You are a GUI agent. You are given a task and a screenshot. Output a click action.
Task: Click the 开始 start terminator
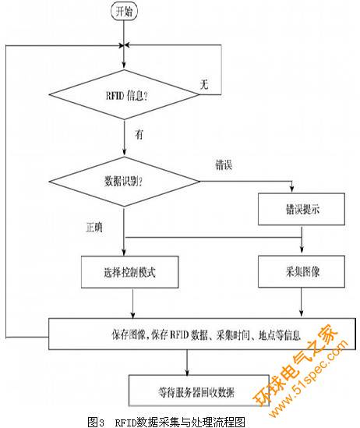(x=124, y=12)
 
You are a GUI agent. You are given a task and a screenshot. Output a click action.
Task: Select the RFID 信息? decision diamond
(x=125, y=94)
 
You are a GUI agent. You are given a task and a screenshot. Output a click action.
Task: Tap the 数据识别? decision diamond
(x=125, y=181)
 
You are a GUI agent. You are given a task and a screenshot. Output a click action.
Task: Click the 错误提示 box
(x=302, y=209)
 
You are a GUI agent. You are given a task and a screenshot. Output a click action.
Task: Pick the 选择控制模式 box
(x=130, y=272)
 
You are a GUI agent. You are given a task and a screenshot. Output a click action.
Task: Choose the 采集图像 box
(x=302, y=271)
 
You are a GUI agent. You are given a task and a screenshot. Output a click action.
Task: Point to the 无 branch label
(x=204, y=84)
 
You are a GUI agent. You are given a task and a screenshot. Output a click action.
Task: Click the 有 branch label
(x=139, y=134)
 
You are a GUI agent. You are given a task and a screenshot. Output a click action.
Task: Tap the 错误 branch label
(x=224, y=164)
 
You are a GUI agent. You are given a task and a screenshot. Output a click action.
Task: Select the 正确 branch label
(x=94, y=227)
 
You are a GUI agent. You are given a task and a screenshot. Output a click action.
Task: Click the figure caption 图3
(x=96, y=422)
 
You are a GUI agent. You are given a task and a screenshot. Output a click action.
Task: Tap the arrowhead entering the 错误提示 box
(x=291, y=189)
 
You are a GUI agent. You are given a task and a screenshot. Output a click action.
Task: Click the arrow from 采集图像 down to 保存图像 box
(x=302, y=302)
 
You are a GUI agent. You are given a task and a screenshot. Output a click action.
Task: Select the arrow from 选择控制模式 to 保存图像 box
(x=132, y=303)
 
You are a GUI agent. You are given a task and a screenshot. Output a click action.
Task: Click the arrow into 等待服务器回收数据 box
(x=187, y=363)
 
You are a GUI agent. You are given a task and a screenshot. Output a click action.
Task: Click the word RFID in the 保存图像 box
(x=179, y=334)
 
